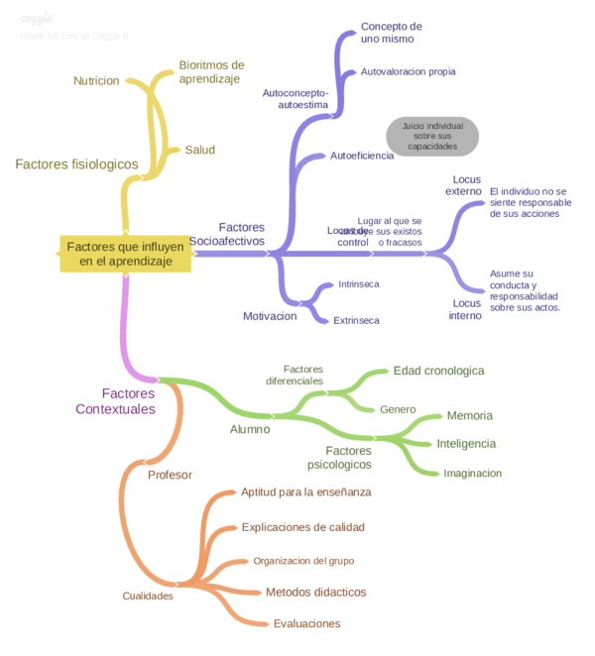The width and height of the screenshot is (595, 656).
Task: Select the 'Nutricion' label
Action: pyautogui.click(x=96, y=80)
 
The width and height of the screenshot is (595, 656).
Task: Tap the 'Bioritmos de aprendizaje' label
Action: pyautogui.click(x=211, y=72)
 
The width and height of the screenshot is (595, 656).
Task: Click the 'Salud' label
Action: pyautogui.click(x=199, y=150)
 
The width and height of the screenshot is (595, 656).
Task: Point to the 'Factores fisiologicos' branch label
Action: pyautogui.click(x=76, y=164)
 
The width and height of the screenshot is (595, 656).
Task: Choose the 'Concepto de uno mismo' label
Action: pyautogui.click(x=391, y=33)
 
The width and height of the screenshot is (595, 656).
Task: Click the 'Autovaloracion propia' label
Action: pyautogui.click(x=408, y=72)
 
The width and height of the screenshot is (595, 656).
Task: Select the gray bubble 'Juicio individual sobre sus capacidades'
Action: pyautogui.click(x=431, y=136)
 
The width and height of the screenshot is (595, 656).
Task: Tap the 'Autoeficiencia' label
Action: pyautogui.click(x=361, y=156)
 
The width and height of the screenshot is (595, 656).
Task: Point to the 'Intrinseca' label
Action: pyautogui.click(x=358, y=284)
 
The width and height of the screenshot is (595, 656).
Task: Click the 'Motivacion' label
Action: pyautogui.click(x=270, y=316)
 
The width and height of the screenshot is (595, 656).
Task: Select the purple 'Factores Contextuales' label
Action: pyautogui.click(x=115, y=401)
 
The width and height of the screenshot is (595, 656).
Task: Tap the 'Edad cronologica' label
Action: pyautogui.click(x=438, y=371)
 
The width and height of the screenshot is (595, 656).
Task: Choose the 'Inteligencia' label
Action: pyautogui.click(x=466, y=443)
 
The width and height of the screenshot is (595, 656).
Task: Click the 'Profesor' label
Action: pyautogui.click(x=170, y=475)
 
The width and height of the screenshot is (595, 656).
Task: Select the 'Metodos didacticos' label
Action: pyautogui.click(x=315, y=592)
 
